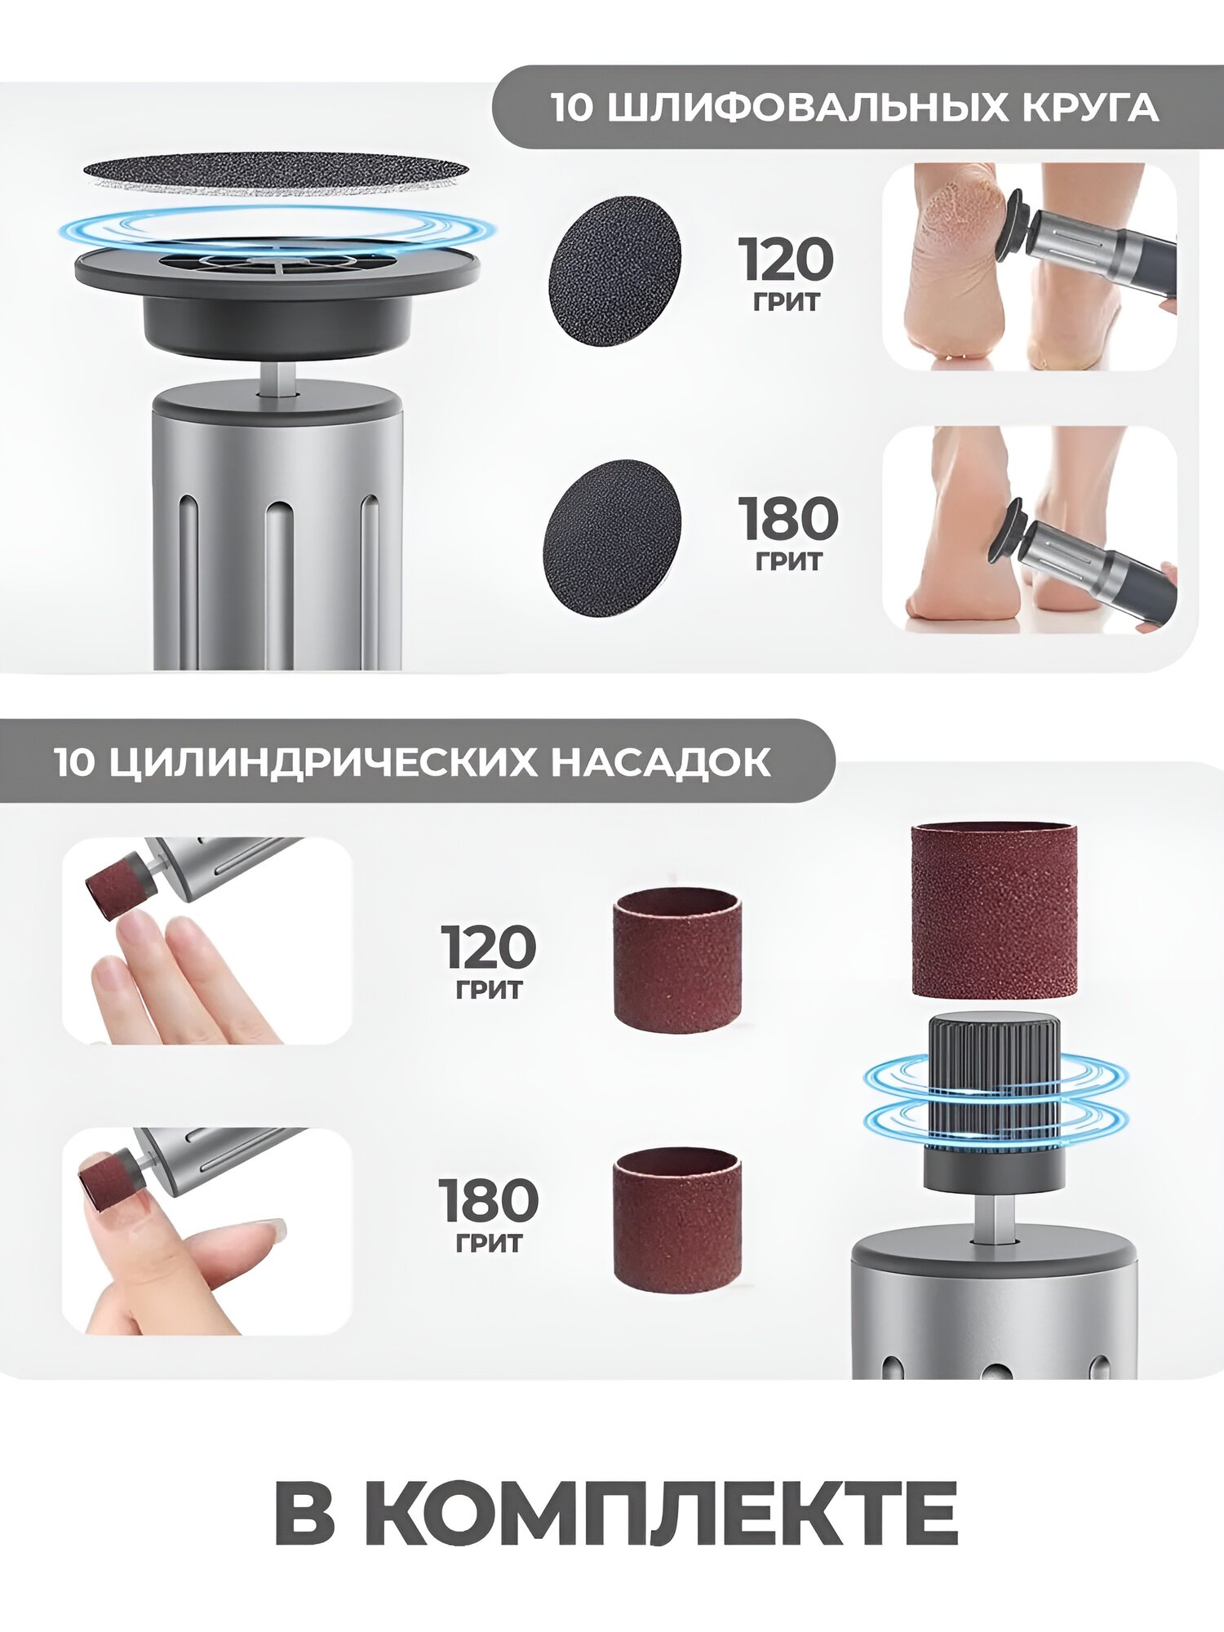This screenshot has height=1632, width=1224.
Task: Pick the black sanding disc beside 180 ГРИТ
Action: (611, 538)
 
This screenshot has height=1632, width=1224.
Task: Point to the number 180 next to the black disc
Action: (788, 519)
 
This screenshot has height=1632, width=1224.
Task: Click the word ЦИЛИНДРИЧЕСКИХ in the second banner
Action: (322, 762)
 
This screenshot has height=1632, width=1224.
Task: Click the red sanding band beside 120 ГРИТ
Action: (676, 961)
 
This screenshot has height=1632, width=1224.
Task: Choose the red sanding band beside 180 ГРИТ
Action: (676, 1220)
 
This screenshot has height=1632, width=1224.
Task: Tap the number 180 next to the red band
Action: (489, 1200)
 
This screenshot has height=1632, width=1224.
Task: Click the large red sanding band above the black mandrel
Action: (993, 910)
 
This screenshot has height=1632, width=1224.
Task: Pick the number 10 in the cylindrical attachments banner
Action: (74, 762)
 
